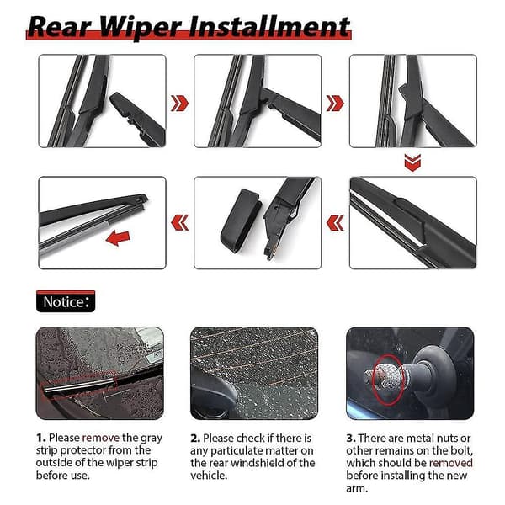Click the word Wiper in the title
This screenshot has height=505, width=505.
point(140,28)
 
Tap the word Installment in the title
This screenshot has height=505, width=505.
point(269,26)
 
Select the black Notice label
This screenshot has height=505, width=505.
point(66,301)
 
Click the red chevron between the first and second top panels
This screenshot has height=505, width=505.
point(180,104)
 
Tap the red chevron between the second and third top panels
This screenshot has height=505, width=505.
point(335,104)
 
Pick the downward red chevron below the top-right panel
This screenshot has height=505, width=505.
point(412,162)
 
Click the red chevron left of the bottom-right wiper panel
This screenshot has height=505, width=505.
point(335,223)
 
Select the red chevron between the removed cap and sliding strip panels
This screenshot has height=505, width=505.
point(180,223)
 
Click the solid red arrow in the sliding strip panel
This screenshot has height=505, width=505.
point(118,239)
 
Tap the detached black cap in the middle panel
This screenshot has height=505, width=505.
point(241,221)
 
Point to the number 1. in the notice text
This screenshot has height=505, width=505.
point(41,438)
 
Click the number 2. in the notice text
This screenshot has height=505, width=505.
point(195,439)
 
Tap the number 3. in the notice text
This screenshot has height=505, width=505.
point(351,439)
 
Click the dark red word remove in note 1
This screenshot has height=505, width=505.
point(101,438)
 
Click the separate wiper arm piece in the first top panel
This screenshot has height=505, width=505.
point(137,120)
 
